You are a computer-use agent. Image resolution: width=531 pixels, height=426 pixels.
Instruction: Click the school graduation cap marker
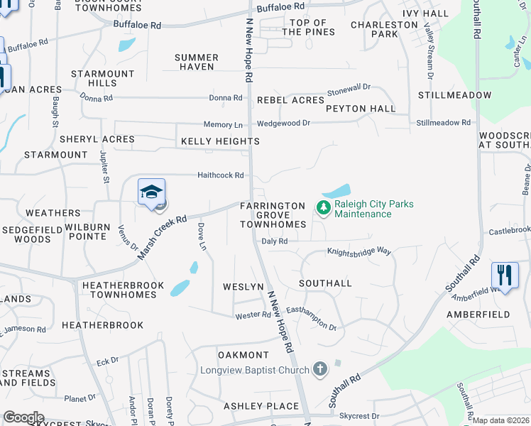coord(151,192)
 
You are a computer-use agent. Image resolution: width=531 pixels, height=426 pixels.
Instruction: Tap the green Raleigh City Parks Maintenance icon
coord(323,208)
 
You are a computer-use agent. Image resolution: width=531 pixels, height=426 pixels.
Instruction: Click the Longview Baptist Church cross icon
coord(320,369)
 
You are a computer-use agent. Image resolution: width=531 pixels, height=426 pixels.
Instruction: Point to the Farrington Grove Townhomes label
coord(273,214)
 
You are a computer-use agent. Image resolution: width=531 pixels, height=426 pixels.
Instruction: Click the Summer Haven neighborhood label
coord(196,62)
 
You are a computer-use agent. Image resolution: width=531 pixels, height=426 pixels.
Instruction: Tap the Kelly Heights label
coord(220,141)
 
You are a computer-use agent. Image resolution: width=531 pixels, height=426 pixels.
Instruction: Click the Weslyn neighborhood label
coord(243,286)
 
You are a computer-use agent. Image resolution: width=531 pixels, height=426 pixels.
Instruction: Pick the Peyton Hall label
coord(361,109)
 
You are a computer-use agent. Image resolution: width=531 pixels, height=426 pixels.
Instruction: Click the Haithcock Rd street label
coord(220,175)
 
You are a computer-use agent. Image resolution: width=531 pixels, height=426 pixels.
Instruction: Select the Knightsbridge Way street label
coord(359,251)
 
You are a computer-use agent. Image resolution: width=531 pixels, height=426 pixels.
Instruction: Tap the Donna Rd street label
coord(226,98)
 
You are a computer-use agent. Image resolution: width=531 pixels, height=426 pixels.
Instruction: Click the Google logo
coord(23,417)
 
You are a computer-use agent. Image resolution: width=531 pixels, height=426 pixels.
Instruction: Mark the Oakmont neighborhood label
coord(243,354)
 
